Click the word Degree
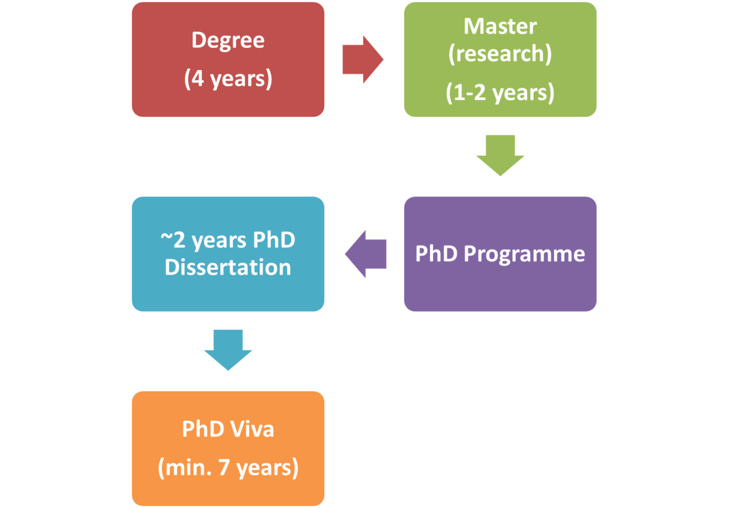tap(228, 41)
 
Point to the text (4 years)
tap(228, 79)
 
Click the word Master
tap(500, 26)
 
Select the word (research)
tap(500, 54)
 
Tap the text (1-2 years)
tap(500, 93)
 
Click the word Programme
tap(524, 254)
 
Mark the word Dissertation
tap(228, 267)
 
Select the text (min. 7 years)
tap(228, 468)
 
